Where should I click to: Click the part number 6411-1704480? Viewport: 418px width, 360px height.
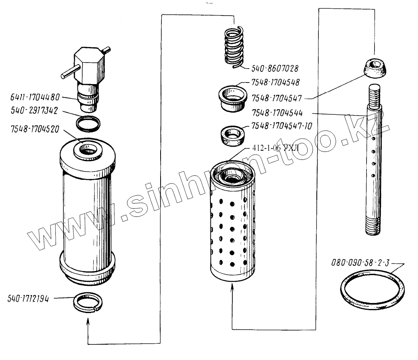tap(35, 97)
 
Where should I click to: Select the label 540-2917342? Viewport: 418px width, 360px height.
tap(34, 110)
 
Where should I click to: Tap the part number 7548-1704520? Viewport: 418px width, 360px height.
tap(35, 129)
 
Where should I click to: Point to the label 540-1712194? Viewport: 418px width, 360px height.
tap(28, 299)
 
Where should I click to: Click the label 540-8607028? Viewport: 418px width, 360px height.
tap(275, 69)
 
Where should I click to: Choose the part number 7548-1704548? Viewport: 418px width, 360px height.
tap(275, 83)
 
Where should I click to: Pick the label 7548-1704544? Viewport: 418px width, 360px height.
tap(277, 113)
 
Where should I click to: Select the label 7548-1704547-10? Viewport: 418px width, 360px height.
tap(281, 126)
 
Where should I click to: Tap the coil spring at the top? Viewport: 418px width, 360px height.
tap(234, 47)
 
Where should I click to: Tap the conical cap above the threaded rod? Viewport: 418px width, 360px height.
tap(375, 68)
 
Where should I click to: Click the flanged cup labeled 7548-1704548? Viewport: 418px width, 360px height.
tap(232, 98)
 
